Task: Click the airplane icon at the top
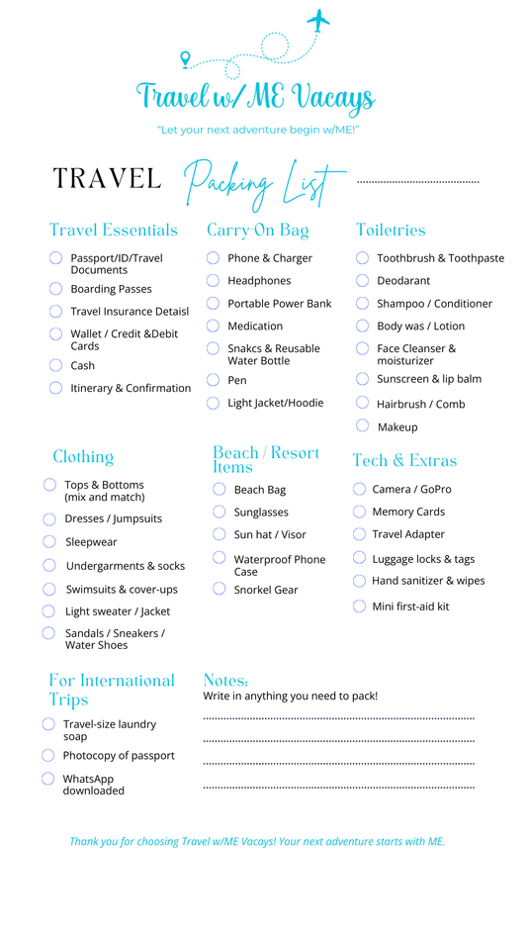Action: (318, 19)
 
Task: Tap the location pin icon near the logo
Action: (185, 60)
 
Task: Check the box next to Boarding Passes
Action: (56, 289)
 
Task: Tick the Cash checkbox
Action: (56, 365)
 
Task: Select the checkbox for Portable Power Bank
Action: (214, 304)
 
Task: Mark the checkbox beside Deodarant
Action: (363, 281)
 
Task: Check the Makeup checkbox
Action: (363, 426)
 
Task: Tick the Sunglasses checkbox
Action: (220, 512)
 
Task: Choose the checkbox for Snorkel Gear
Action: (220, 589)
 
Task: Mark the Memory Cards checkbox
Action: (359, 512)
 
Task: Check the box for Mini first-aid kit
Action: (359, 606)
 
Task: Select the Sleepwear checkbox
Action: (48, 541)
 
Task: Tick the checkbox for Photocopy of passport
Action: (47, 755)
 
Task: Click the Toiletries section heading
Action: (391, 231)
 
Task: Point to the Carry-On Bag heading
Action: (257, 231)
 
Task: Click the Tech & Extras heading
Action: (404, 461)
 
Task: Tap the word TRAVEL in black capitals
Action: (107, 179)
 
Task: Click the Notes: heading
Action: (224, 681)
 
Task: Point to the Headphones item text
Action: (259, 281)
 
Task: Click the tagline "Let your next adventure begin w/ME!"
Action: (257, 130)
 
